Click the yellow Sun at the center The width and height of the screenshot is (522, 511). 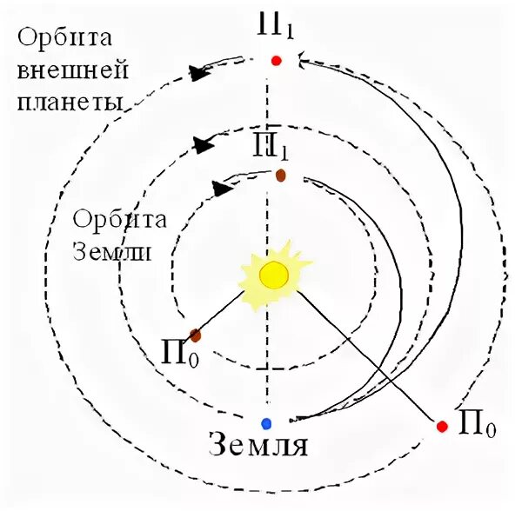273,275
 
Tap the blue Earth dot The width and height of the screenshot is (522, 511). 266,423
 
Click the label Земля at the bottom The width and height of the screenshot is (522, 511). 260,447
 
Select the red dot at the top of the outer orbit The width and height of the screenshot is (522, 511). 276,61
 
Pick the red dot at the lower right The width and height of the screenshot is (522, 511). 442,426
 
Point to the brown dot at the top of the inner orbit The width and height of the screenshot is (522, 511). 281,176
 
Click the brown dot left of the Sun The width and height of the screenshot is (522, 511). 197,335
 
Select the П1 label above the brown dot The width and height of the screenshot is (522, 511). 271,147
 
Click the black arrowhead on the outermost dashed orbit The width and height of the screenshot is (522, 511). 199,73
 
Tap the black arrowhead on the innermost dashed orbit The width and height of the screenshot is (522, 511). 222,187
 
